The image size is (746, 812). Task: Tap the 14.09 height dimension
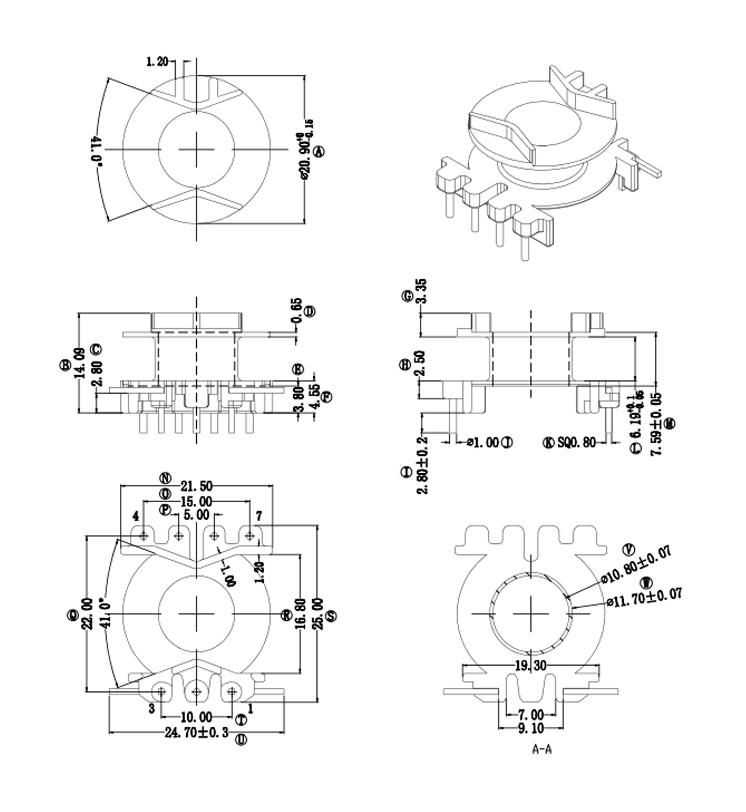pos(80,363)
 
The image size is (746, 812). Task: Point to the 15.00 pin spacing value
pos(197,502)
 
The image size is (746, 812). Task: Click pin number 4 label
pos(136,516)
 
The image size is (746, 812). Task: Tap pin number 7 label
pos(259,516)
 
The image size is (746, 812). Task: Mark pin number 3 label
pos(152,708)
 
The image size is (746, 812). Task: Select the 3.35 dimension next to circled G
pos(422,291)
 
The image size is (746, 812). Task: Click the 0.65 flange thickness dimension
pos(297,310)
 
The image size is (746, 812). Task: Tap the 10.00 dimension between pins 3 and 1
pos(197,717)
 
